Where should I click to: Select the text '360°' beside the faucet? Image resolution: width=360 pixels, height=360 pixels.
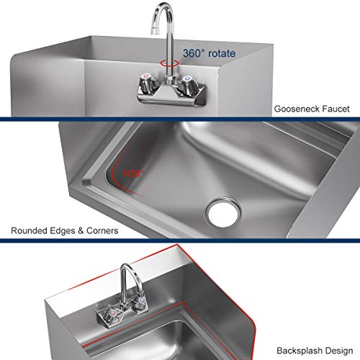pyautogui.click(x=194, y=53)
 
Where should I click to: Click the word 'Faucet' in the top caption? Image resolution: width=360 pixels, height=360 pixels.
pyautogui.click(x=336, y=109)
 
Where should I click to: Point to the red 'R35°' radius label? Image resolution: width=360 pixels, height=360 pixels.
pyautogui.click(x=132, y=174)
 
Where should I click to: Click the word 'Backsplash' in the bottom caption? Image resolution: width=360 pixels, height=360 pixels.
pyautogui.click(x=297, y=347)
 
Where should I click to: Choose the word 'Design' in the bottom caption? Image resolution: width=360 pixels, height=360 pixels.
pyautogui.click(x=336, y=347)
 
